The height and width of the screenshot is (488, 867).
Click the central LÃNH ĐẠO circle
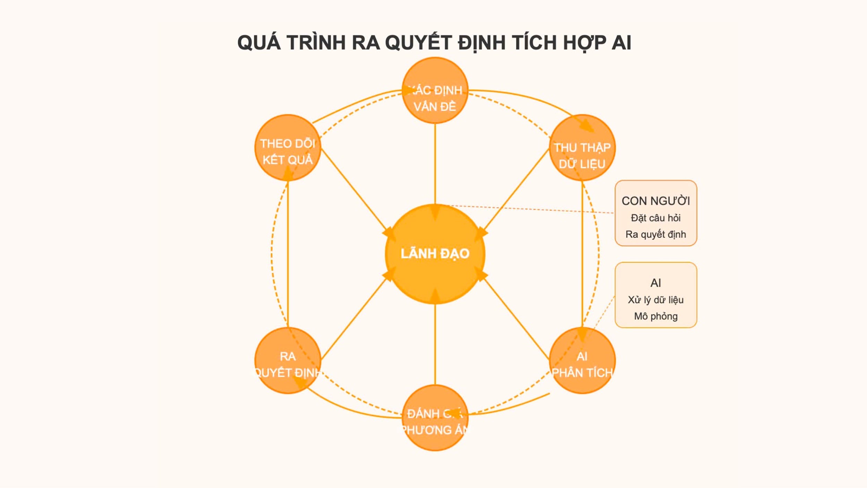click(x=435, y=254)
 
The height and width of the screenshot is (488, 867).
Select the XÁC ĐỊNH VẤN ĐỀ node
click(x=435, y=90)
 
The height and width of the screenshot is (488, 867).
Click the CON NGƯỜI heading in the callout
click(x=655, y=201)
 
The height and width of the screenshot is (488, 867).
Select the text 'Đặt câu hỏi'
click(x=655, y=218)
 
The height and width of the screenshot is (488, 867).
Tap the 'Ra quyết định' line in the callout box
click(x=655, y=234)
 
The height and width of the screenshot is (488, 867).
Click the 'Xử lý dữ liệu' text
click(x=655, y=300)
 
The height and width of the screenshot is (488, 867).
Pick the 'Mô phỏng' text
click(x=655, y=316)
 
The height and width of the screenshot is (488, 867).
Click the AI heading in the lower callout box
click(x=655, y=283)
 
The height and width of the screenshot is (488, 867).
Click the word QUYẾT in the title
click(x=418, y=43)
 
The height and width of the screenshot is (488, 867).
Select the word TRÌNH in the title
click(x=316, y=43)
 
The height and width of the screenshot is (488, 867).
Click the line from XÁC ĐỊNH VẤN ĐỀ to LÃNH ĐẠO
click(x=435, y=163)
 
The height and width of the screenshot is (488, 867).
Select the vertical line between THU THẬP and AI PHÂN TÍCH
click(x=582, y=253)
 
